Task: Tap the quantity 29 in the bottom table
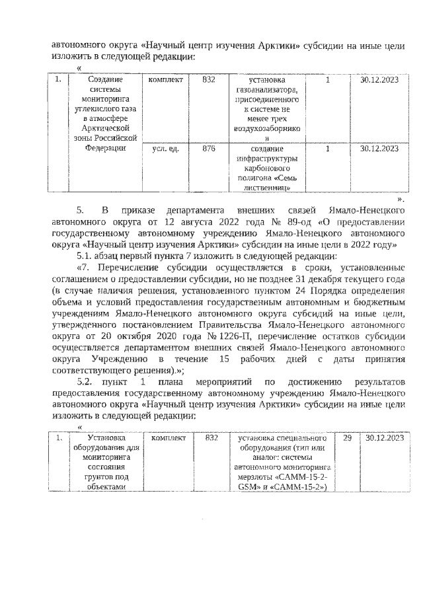pos(346,439)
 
